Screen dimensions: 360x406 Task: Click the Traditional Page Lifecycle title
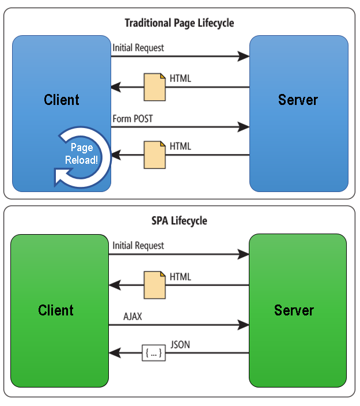point(179,23)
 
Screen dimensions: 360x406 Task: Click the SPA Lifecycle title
point(179,221)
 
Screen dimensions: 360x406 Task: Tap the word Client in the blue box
point(62,100)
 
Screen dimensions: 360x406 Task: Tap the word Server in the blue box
point(298,100)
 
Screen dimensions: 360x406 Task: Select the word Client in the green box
point(56,310)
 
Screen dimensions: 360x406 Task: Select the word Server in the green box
point(294,310)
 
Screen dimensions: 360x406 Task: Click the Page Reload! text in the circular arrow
point(81,153)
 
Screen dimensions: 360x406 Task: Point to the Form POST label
point(132,119)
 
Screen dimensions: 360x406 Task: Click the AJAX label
point(132,317)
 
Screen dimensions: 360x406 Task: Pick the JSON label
point(180,345)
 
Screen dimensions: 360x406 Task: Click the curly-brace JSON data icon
point(154,353)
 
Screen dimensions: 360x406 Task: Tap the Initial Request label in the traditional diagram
point(138,48)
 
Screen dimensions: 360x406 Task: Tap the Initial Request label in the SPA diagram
point(138,246)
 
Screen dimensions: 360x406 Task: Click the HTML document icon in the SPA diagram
point(154,285)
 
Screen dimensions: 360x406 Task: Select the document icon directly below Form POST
point(154,155)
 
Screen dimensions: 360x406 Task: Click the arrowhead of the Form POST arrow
point(244,127)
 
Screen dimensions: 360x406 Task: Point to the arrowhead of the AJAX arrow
point(244,325)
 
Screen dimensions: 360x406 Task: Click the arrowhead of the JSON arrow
point(115,353)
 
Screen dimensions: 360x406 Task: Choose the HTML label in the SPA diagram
point(180,277)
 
